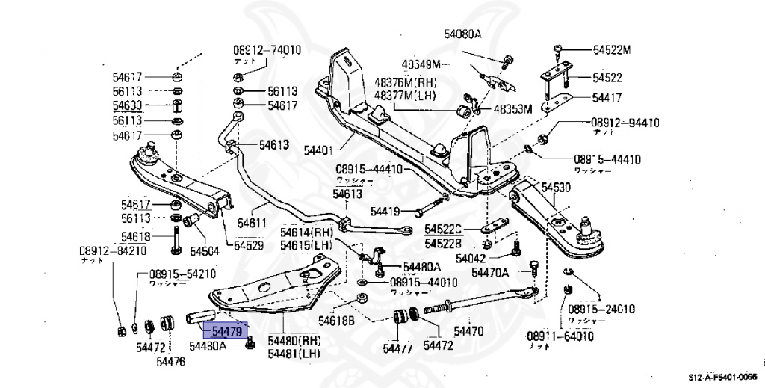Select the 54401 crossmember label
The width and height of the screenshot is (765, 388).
[x=318, y=150]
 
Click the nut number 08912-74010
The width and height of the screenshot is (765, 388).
[x=267, y=51]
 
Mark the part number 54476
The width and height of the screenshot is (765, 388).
[x=170, y=362]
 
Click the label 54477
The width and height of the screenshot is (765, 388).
[x=397, y=348]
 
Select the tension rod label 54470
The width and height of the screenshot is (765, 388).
[x=468, y=330]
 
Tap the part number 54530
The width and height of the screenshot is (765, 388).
[x=556, y=187]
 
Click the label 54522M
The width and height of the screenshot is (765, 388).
[x=612, y=50]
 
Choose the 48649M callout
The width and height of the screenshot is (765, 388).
[x=421, y=64]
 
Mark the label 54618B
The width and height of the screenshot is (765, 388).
[x=335, y=321]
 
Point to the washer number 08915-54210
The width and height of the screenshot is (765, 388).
[x=183, y=274]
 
